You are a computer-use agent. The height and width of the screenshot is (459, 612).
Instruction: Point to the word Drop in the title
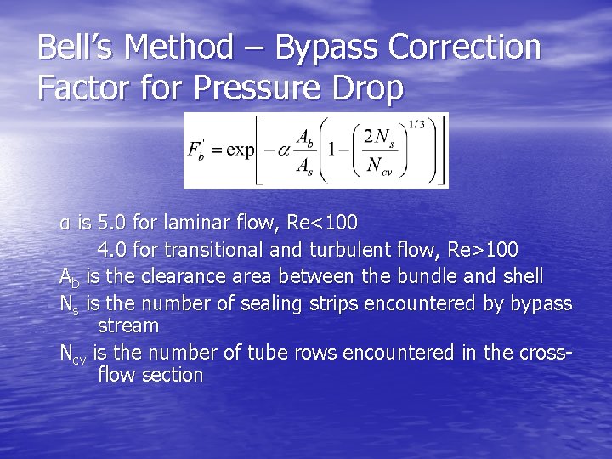coord(369,88)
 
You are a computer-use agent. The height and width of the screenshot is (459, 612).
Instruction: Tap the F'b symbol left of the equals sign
coord(196,150)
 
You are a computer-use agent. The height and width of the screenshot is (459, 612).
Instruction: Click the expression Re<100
coord(322,224)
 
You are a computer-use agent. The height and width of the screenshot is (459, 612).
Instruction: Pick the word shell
coord(522,276)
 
